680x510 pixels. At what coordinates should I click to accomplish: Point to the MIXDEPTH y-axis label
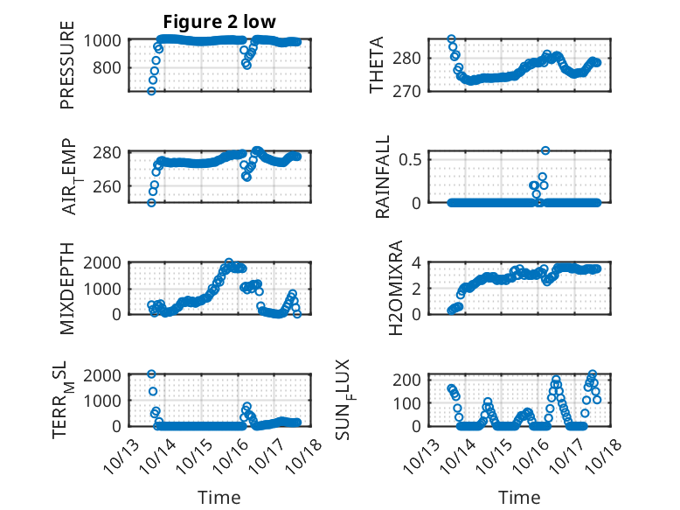coord(68,288)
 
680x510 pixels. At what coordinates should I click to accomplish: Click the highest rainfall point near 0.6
coord(545,150)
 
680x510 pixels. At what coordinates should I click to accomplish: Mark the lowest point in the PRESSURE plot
coord(151,91)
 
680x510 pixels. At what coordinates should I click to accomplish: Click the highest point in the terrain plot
coord(151,374)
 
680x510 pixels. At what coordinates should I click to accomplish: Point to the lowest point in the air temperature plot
coord(151,203)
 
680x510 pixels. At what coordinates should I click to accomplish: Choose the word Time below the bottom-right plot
coord(519,497)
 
